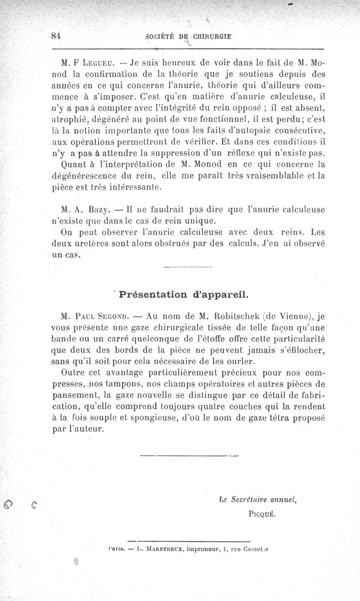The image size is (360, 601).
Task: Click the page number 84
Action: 57,36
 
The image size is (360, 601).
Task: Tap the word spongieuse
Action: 134,418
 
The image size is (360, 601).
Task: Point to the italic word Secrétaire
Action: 249,499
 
